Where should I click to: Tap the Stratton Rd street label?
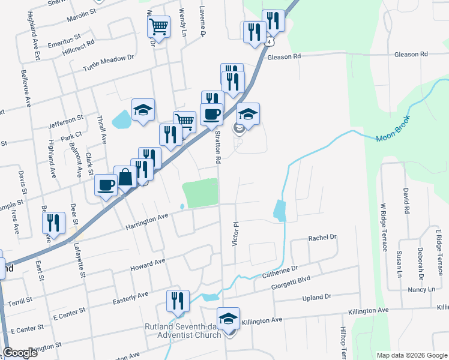[218, 148]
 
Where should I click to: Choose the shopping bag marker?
[125, 178]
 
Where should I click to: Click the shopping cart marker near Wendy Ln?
[158, 26]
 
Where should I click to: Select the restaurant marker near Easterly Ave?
[178, 301]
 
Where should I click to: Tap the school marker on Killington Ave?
[228, 319]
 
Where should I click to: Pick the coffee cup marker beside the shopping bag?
[106, 185]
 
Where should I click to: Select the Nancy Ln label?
[421, 289]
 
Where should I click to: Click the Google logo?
[20, 353]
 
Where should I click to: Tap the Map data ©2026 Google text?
[411, 355]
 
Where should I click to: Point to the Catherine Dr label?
[280, 272]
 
